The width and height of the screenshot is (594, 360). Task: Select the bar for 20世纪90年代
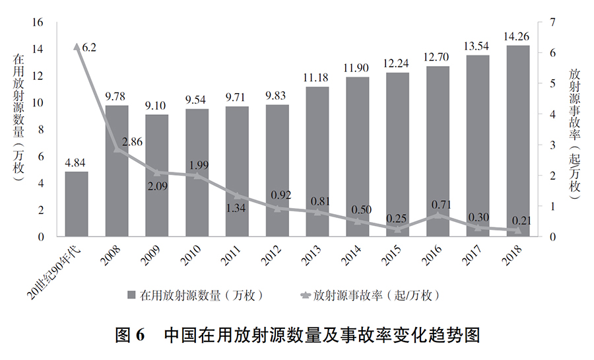click(x=77, y=204)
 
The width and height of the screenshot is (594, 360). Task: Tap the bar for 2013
click(x=317, y=162)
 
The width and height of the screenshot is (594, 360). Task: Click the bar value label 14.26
click(x=517, y=36)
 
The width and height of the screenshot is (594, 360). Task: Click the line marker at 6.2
click(x=77, y=47)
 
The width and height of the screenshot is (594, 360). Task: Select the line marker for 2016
click(x=438, y=215)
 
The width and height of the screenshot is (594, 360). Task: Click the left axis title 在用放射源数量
click(x=18, y=93)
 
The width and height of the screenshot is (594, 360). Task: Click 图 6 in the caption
click(x=130, y=335)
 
